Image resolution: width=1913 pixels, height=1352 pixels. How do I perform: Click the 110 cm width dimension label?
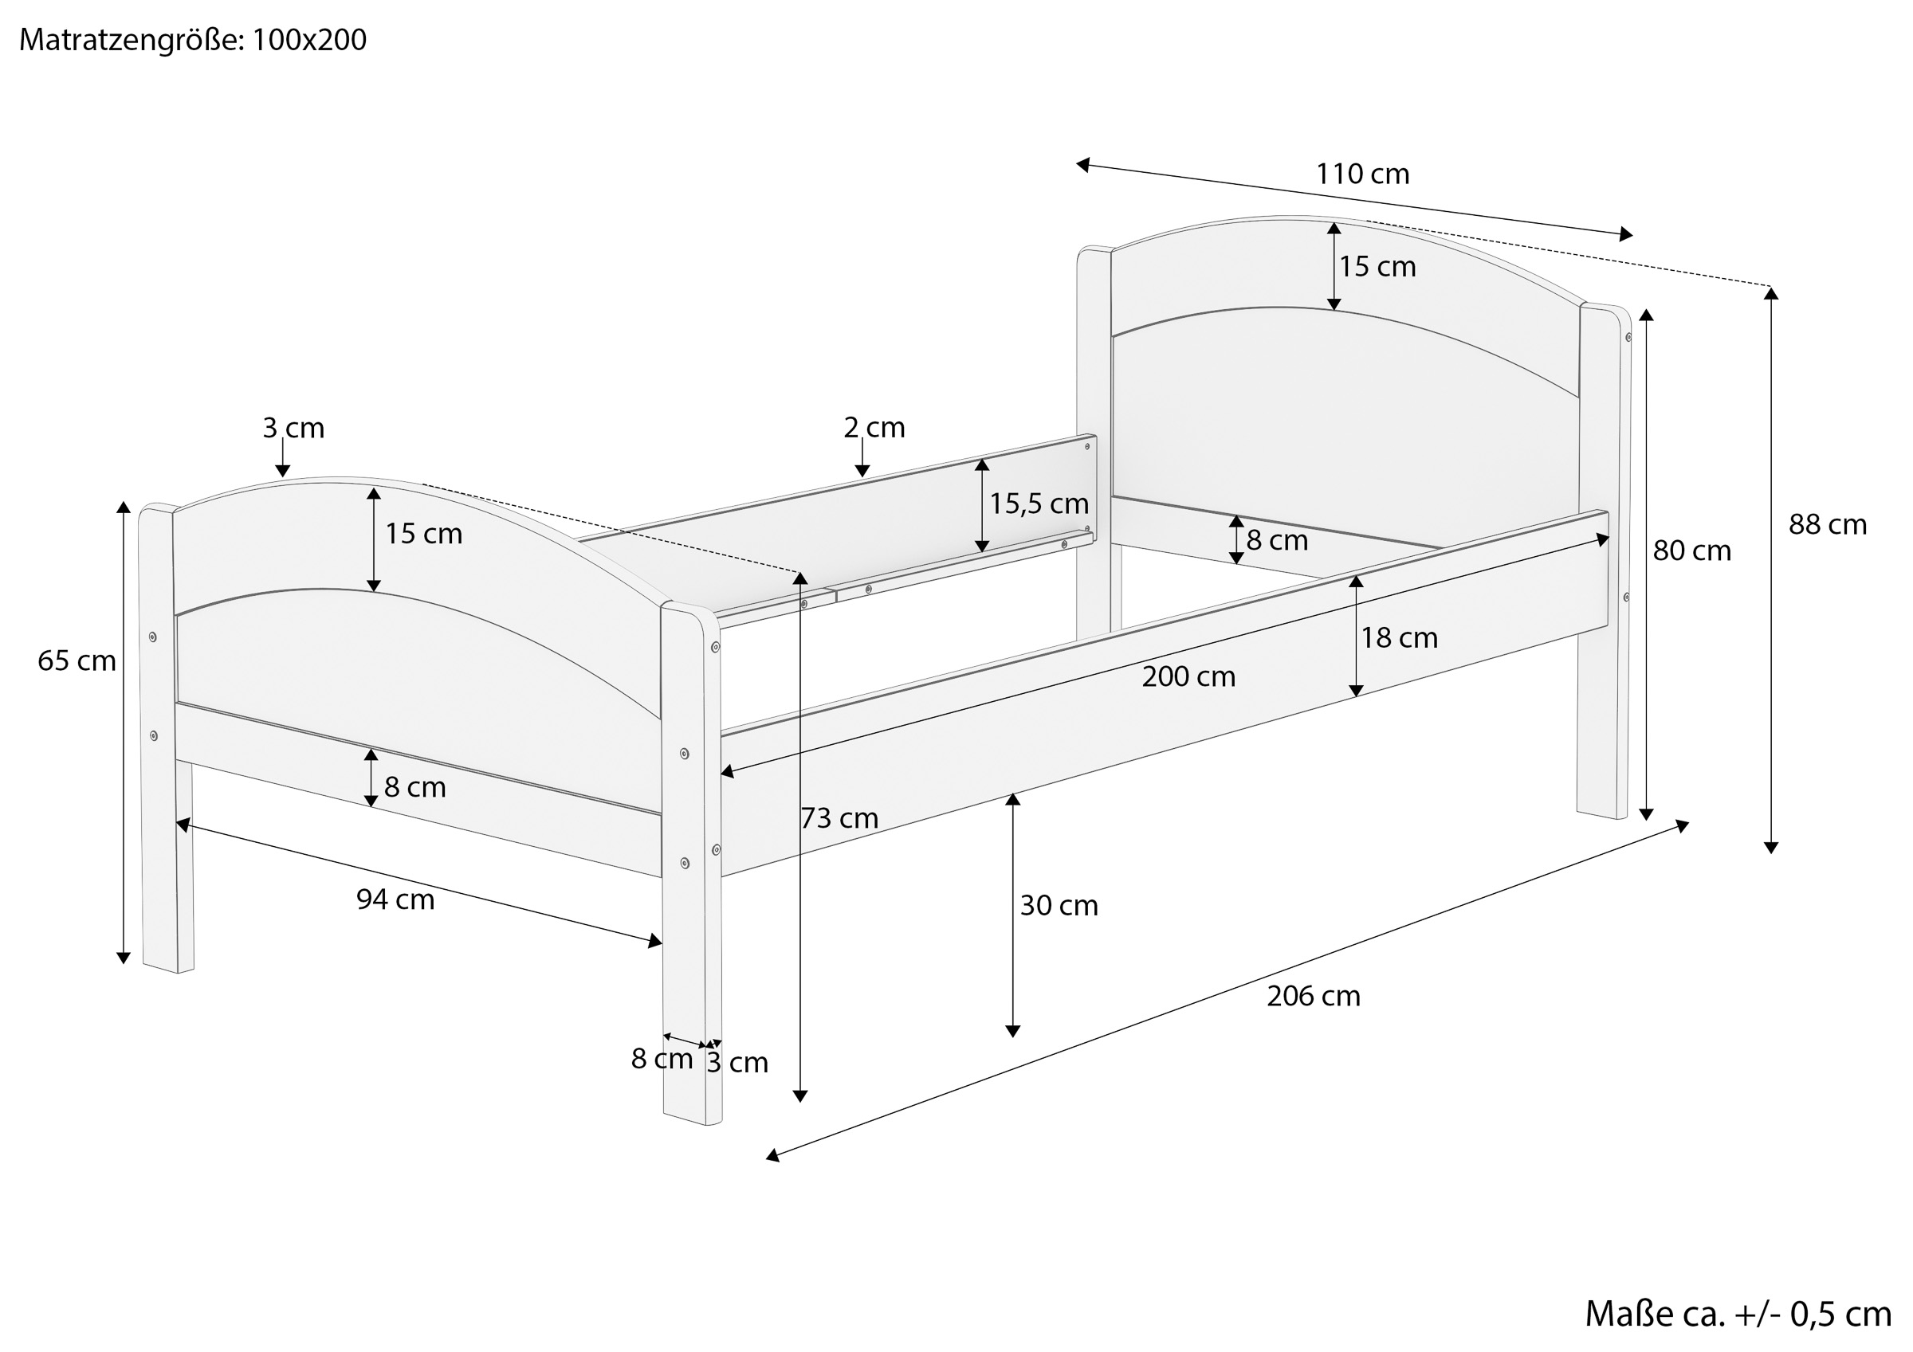pyautogui.click(x=1362, y=174)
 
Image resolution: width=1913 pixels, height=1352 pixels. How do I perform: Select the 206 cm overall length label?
pyautogui.click(x=1313, y=997)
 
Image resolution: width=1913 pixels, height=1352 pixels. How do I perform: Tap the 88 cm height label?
pyautogui.click(x=1827, y=525)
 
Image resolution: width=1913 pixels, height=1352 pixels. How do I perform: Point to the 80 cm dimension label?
pyautogui.click(x=1691, y=551)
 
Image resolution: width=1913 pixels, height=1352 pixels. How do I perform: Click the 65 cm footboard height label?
pyautogui.click(x=77, y=660)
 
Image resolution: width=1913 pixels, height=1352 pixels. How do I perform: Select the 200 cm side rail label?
pyautogui.click(x=1188, y=676)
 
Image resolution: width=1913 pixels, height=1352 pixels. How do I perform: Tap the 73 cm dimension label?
pyautogui.click(x=839, y=818)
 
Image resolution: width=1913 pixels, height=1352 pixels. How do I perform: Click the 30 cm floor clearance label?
pyautogui.click(x=1059, y=906)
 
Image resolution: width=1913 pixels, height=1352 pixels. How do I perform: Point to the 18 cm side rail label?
pyautogui.click(x=1399, y=638)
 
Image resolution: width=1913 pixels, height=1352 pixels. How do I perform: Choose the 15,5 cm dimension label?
pyautogui.click(x=1038, y=504)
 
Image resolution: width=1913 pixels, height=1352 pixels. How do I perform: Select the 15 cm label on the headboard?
pyautogui.click(x=1377, y=267)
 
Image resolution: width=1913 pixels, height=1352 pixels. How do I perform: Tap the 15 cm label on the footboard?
pyautogui.click(x=423, y=534)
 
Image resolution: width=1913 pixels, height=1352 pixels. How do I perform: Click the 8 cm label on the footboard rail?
pyautogui.click(x=414, y=787)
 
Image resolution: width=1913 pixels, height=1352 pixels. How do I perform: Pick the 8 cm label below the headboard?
pyautogui.click(x=1276, y=541)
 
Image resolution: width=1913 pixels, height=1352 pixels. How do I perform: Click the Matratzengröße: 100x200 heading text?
pyautogui.click(x=192, y=39)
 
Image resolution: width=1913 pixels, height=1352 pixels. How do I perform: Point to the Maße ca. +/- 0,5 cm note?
pyautogui.click(x=1737, y=1315)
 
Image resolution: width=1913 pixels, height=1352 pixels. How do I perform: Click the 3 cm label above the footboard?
pyautogui.click(x=293, y=428)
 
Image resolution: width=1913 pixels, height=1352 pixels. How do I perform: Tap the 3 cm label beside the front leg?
pyautogui.click(x=737, y=1063)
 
